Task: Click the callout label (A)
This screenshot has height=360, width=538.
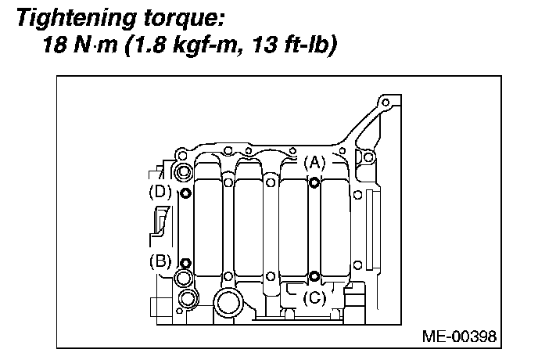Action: coord(314,163)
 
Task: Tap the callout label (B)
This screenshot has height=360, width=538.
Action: coord(160,262)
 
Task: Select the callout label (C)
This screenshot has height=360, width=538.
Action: coord(314,297)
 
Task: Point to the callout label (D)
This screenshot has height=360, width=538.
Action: coord(160,191)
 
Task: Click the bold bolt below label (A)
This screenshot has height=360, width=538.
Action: coord(314,182)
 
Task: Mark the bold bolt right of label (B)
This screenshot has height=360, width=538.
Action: coord(185,262)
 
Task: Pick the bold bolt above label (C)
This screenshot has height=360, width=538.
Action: coord(314,275)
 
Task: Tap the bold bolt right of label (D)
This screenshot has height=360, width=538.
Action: coord(185,193)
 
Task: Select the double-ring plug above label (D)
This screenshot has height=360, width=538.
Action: coord(184,172)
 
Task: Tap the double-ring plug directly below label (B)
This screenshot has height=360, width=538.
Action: coord(184,279)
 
